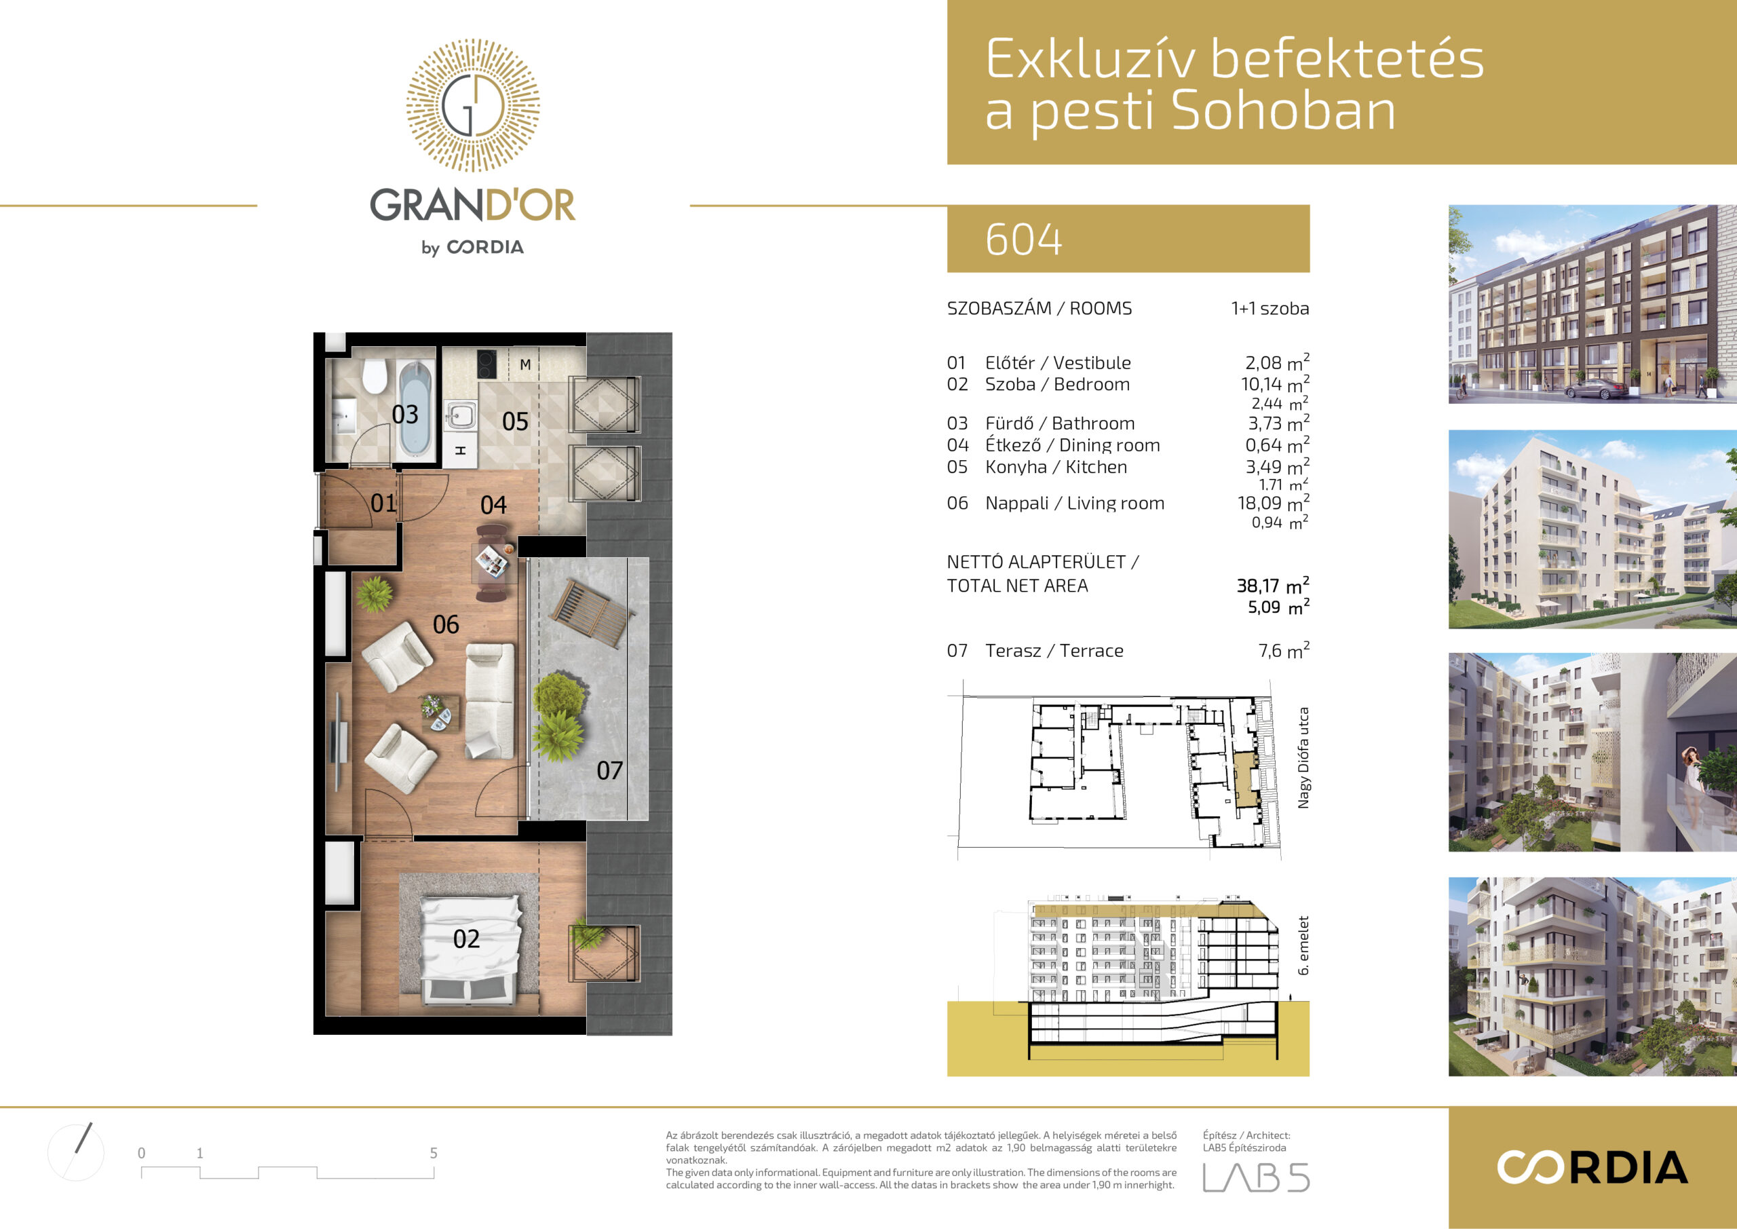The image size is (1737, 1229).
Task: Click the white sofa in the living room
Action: [489, 701]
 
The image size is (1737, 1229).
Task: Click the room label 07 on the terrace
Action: [610, 770]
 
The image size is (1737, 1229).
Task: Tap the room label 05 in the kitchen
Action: [515, 421]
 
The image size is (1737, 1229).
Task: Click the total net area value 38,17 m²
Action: [1272, 585]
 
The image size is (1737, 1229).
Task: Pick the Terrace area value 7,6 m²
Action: [1284, 650]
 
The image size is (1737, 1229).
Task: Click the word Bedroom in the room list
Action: [1092, 384]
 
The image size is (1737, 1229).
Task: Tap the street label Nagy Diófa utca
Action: [1303, 757]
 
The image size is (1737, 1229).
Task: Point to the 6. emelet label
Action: [1303, 946]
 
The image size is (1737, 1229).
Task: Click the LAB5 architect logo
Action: [1256, 1177]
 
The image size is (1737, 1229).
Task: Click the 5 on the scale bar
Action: [434, 1153]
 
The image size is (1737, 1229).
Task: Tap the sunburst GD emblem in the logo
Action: [473, 105]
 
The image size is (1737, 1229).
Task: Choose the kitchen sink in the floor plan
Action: [461, 415]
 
